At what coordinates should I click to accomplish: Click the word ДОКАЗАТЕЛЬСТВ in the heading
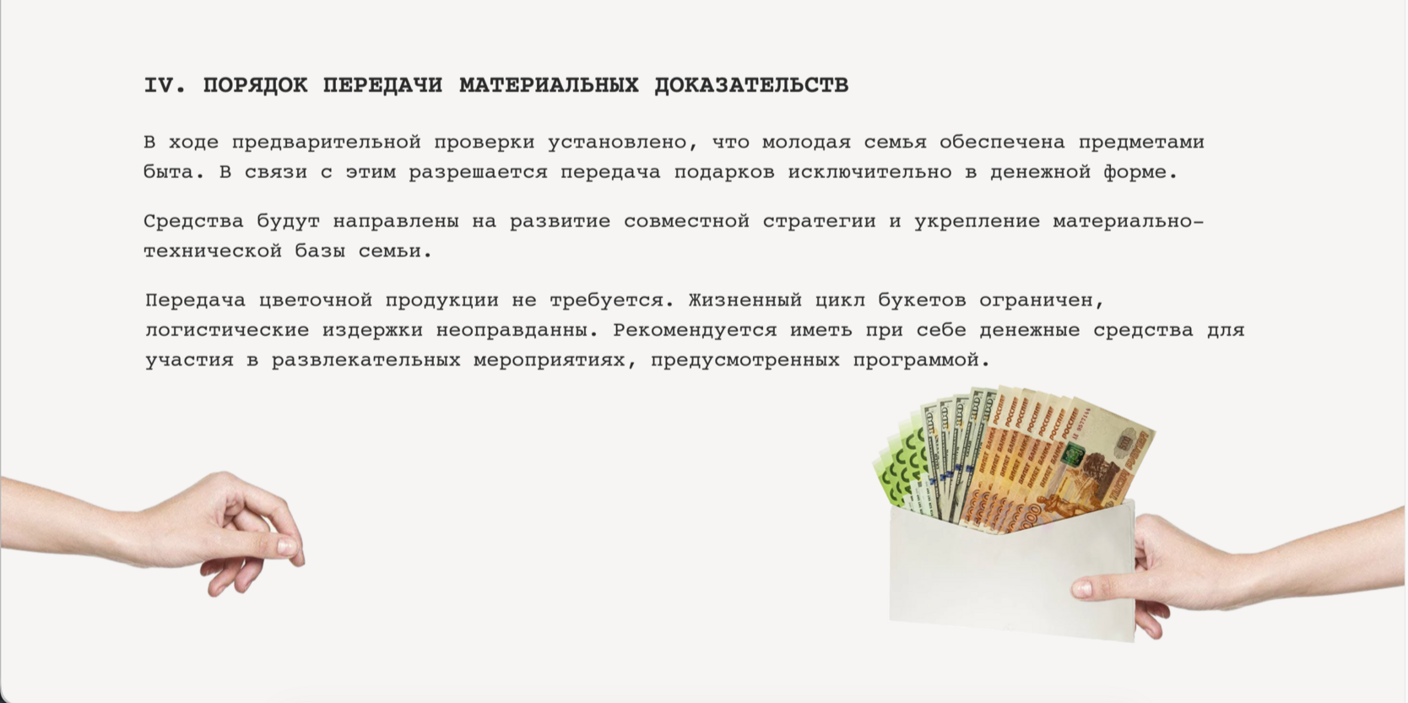point(751,85)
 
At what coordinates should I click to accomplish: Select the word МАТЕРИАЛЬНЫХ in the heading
point(549,85)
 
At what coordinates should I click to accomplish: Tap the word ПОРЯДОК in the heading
point(255,85)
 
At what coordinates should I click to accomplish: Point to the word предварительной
point(326,143)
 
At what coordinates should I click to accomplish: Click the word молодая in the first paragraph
point(806,143)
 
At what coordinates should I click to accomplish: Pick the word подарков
point(724,172)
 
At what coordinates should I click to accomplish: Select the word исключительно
point(870,172)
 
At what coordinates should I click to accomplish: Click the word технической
point(213,251)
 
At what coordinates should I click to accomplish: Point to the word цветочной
point(316,301)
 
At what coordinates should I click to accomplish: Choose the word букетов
point(922,301)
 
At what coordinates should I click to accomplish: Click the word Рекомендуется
point(695,331)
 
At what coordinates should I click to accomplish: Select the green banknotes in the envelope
point(899,468)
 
